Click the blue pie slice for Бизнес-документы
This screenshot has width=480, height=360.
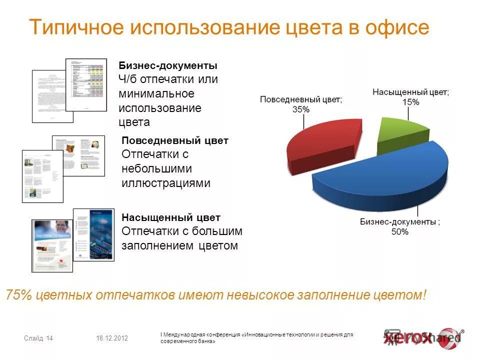click(385, 175)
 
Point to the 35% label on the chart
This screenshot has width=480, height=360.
click(301, 109)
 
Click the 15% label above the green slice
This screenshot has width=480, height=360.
click(410, 102)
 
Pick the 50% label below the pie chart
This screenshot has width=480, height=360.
click(400, 231)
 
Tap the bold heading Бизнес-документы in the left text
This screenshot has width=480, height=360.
click(168, 65)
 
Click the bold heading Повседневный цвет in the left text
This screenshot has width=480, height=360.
click(175, 141)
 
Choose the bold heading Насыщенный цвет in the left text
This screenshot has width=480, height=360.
click(171, 218)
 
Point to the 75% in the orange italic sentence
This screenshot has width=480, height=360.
click(19, 295)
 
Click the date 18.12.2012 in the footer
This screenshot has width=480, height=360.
click(112, 338)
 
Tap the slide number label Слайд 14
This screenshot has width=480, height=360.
click(38, 338)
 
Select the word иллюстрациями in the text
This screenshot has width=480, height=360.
click(166, 183)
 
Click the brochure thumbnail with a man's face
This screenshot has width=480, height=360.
click(52, 245)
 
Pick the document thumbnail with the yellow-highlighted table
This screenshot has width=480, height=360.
click(86, 85)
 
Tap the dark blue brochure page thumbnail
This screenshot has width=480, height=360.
click(93, 234)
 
